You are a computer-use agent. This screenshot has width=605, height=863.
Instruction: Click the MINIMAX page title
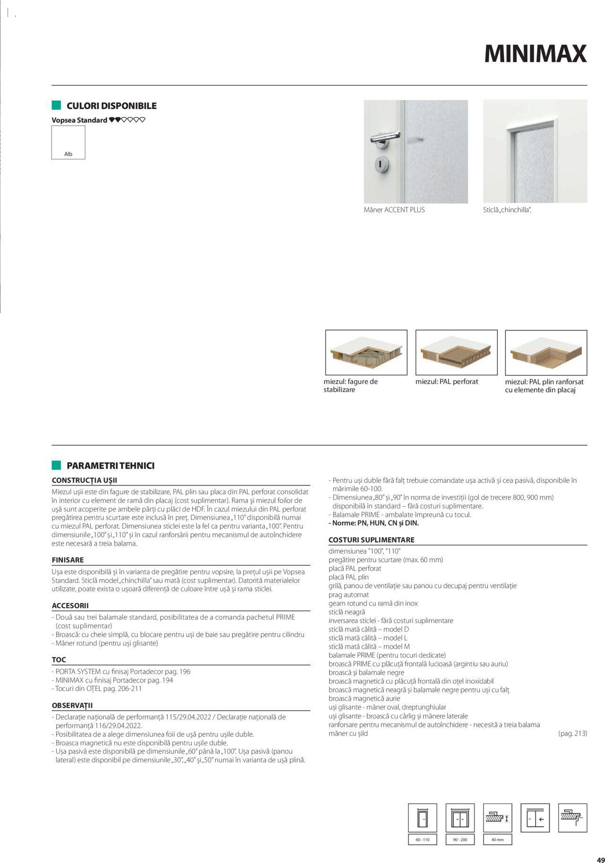pos(535,54)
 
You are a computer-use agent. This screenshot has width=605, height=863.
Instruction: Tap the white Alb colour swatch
pos(68,142)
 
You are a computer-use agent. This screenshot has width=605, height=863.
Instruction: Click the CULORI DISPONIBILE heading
pos(111,106)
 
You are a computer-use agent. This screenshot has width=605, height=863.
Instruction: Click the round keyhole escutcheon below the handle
pos(379,164)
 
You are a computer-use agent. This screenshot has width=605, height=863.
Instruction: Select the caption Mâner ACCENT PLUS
pos(394,210)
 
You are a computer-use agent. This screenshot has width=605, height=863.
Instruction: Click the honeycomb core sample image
pos(366,352)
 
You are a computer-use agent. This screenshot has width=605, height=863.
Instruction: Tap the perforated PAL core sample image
pos(456,352)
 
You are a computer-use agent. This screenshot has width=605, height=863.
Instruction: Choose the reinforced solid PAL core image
pos(546,352)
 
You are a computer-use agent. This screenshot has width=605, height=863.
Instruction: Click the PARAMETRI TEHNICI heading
pos(110,466)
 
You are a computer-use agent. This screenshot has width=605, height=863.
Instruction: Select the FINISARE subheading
pos(68,560)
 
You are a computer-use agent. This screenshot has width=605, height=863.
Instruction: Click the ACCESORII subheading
pos(70,606)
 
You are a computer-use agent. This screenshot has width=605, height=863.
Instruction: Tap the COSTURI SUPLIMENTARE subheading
pos(371,539)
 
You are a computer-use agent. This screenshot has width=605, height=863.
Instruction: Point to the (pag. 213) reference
pos(572,733)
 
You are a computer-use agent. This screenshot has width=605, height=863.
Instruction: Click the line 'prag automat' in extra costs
pos(348,595)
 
